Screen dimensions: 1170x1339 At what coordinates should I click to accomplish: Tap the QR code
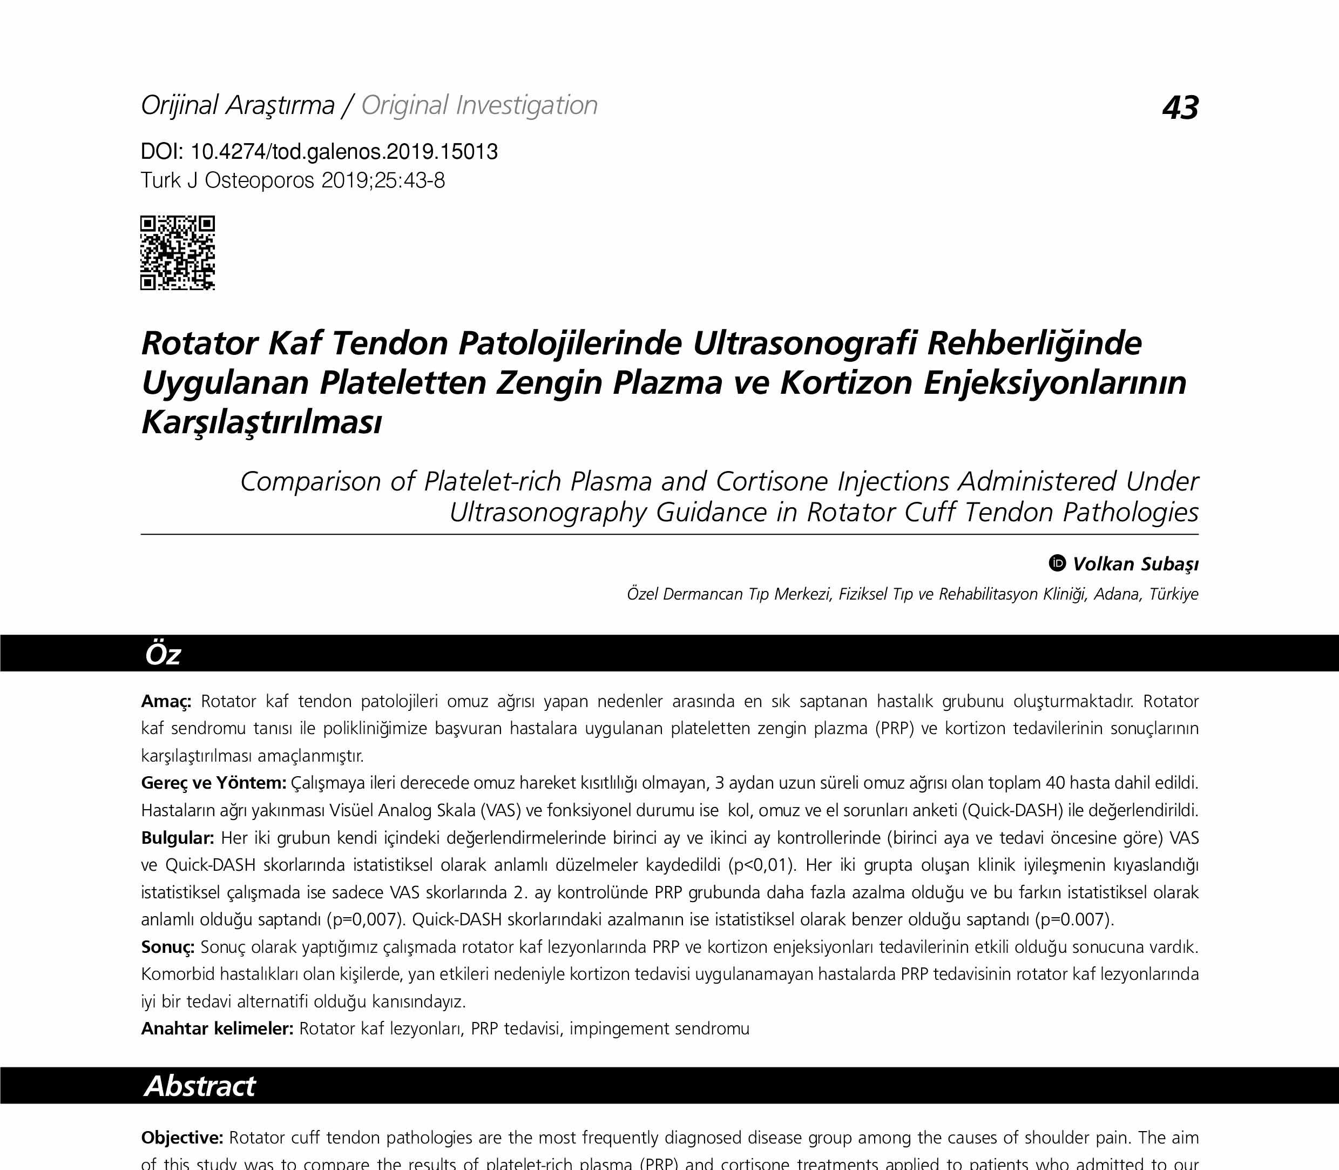pos(178,253)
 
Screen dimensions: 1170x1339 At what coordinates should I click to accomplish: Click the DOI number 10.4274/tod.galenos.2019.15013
pos(344,152)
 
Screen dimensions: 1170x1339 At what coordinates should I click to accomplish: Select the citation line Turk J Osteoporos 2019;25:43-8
pos(293,181)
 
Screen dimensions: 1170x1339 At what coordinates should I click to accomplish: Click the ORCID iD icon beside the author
pos(1057,563)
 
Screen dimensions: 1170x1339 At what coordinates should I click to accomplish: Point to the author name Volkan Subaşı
pos(1135,564)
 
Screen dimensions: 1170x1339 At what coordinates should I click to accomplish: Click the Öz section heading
pos(163,654)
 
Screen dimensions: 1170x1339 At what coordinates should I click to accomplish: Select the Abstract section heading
pos(200,1086)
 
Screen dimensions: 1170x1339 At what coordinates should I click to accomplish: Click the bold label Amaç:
pos(166,702)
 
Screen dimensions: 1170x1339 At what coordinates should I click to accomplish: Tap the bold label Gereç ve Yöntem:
pos(213,783)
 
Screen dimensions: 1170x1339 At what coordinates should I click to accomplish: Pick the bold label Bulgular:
pos(178,838)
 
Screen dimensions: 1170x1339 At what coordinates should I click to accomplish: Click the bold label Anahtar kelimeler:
pos(217,1029)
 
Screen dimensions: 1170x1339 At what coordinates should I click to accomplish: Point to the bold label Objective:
pos(182,1138)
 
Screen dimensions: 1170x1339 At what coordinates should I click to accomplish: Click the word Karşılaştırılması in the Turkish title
pos(261,422)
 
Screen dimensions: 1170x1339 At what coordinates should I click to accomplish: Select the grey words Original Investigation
pos(479,106)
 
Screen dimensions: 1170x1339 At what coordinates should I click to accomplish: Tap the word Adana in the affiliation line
pos(1118,594)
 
